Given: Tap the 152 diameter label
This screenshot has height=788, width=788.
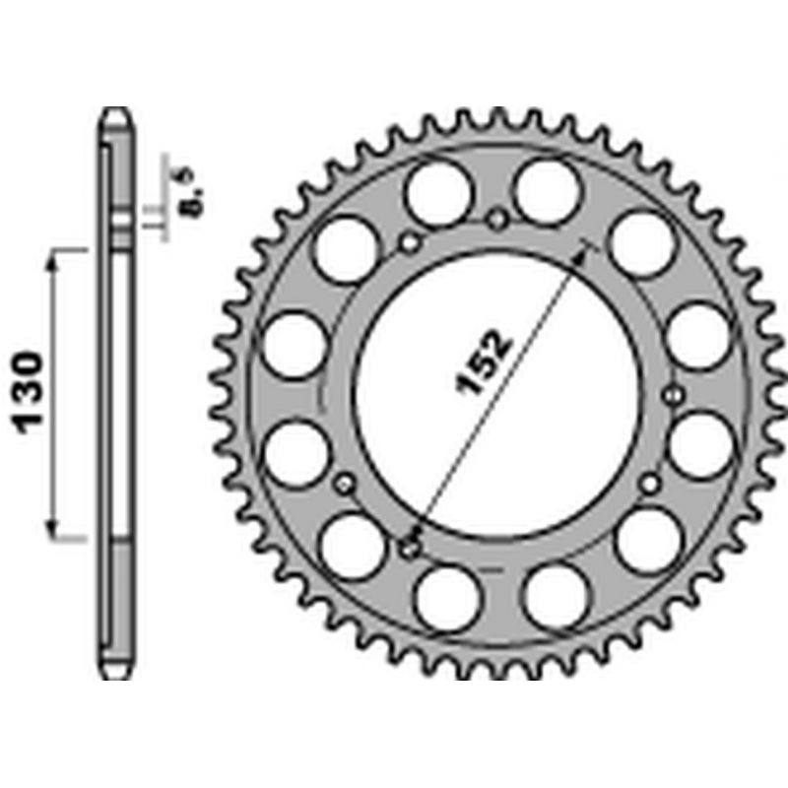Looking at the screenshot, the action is pyautogui.click(x=483, y=361).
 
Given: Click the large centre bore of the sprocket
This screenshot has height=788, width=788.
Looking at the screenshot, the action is pyautogui.click(x=498, y=396).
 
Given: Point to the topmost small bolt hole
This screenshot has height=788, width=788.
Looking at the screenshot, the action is pyautogui.click(x=497, y=219).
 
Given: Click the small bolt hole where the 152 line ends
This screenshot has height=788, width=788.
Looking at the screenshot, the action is pyautogui.click(x=410, y=549).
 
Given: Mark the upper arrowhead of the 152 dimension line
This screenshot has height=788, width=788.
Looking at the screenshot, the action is pyautogui.click(x=581, y=256).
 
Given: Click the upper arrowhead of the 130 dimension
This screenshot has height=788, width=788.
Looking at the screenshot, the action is pyautogui.click(x=52, y=259).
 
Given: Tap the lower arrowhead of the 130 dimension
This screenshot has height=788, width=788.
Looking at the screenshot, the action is pyautogui.click(x=52, y=529).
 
